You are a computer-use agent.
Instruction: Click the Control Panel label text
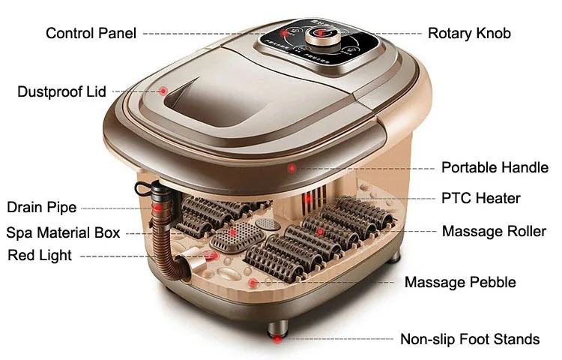point(91,33)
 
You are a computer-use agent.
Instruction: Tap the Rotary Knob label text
point(469,33)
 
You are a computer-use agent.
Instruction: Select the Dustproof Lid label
point(61,91)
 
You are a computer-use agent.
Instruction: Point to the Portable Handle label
point(495,167)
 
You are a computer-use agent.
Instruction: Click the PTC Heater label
point(480,199)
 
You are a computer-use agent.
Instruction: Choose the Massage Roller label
point(494,231)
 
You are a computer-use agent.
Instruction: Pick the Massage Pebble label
point(460,282)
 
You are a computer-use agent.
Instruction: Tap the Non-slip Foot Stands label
point(470,339)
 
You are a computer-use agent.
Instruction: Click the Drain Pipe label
point(40,207)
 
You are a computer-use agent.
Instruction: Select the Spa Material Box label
point(63,232)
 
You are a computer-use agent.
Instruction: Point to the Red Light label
point(40,255)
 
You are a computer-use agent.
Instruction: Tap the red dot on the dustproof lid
point(163,91)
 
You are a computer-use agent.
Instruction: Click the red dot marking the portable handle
point(292,168)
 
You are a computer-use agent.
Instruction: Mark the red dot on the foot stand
point(277,339)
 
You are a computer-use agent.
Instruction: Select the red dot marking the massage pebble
point(253,283)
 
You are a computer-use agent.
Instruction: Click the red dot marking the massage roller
point(320,232)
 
